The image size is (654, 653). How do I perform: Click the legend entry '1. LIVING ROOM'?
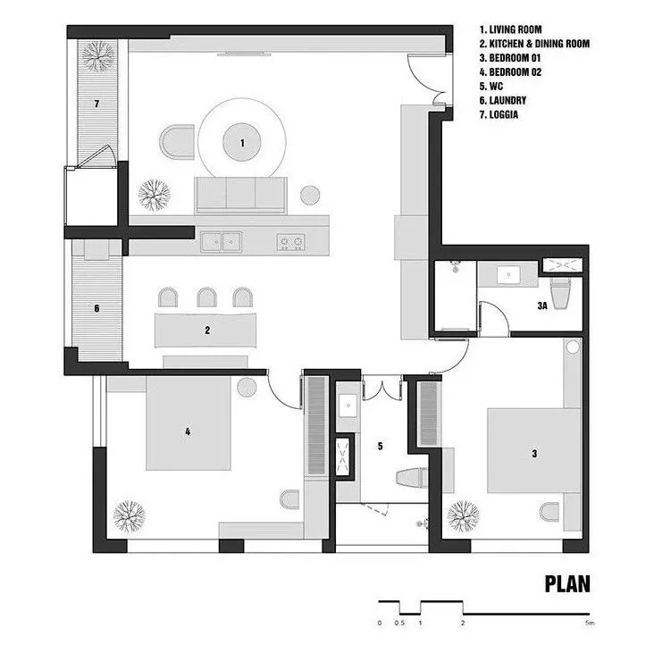510,29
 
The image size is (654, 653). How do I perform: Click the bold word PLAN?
567,584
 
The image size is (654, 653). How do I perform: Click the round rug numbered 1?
241,141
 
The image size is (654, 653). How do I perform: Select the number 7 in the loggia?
96,104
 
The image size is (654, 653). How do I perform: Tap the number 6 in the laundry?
96,310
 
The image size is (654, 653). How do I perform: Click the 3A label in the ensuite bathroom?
541,306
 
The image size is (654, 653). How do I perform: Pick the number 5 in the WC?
379,444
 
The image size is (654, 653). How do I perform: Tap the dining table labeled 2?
207,330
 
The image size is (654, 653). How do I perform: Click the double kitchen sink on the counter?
221,239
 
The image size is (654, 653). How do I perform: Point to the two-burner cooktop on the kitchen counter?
291,239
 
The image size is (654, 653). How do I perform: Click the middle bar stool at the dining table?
207,297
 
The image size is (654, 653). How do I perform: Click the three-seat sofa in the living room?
241,194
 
